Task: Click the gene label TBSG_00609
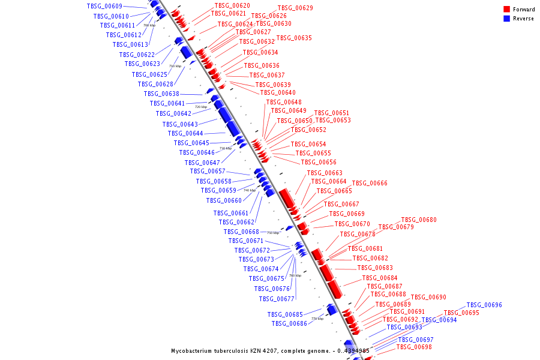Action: pyautogui.click(x=104, y=6)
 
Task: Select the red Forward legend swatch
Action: pyautogui.click(x=507, y=10)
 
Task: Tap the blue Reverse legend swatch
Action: pyautogui.click(x=507, y=19)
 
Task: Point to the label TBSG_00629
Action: pyautogui.click(x=295, y=8)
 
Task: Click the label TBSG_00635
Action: pyautogui.click(x=294, y=38)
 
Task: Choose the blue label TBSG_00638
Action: pyautogui.click(x=161, y=94)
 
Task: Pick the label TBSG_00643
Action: pyautogui.click(x=180, y=125)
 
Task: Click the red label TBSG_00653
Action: pyautogui.click(x=333, y=121)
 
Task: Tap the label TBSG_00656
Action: pyautogui.click(x=319, y=163)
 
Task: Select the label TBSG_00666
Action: pyautogui.click(x=370, y=184)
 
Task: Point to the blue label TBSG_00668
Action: pyautogui.click(x=241, y=232)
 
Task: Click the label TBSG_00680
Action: pyautogui.click(x=419, y=220)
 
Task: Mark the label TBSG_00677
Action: pyautogui.click(x=277, y=299)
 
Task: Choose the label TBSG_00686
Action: pyautogui.click(x=289, y=324)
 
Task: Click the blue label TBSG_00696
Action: pyautogui.click(x=484, y=305)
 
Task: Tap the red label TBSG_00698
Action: pyautogui.click(x=414, y=347)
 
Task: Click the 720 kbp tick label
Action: pyautogui.click(x=201, y=107)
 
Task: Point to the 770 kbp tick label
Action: pyautogui.click(x=317, y=319)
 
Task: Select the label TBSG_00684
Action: pyautogui.click(x=380, y=278)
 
